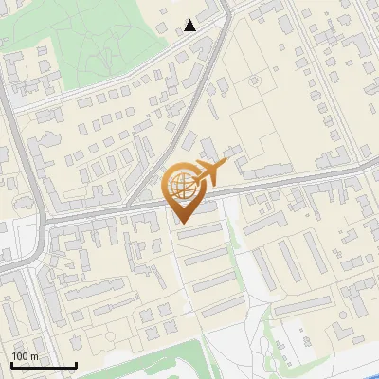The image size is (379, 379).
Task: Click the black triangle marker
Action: [190, 25]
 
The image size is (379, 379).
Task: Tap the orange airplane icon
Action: [213, 172]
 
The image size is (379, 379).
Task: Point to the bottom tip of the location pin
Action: [181, 222]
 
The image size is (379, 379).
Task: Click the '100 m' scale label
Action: [26, 356]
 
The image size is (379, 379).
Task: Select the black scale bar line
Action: [44, 365]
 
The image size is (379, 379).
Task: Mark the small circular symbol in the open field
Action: [254, 81]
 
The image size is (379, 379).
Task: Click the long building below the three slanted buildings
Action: [303, 304]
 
